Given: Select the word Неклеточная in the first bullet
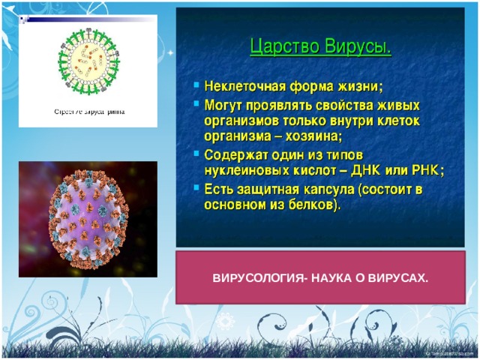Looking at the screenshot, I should tap(245, 86).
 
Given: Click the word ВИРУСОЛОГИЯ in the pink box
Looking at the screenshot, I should tap(257, 278).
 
